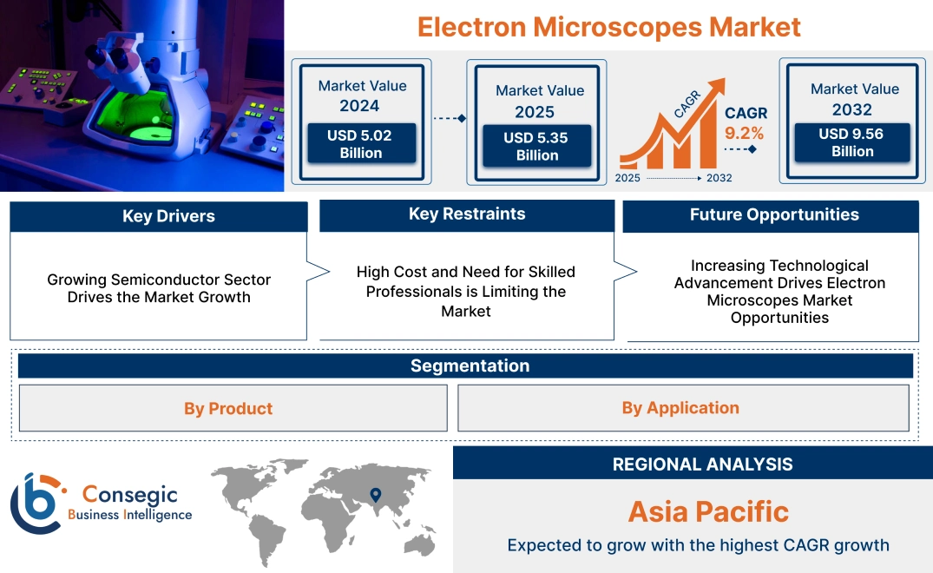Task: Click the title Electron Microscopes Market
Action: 608,26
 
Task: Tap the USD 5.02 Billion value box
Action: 360,144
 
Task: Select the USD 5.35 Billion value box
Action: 537,146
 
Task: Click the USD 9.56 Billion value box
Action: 852,142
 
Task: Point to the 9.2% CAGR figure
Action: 744,133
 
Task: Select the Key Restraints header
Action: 467,214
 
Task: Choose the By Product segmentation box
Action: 228,408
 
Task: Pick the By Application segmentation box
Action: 680,408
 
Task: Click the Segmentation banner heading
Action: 470,366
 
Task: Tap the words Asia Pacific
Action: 708,511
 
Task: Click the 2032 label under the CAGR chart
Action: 719,178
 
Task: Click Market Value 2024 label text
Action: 361,95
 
